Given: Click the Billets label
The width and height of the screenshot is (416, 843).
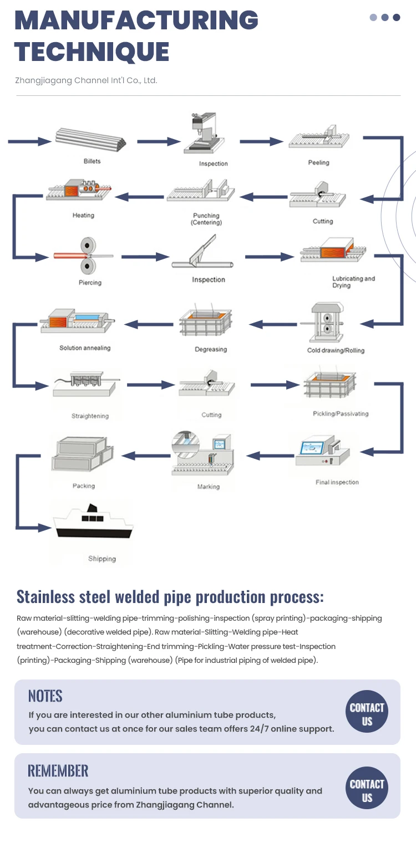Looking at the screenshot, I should pyautogui.click(x=92, y=161).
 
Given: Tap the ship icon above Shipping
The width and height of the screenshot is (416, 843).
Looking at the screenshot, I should pyautogui.click(x=93, y=523).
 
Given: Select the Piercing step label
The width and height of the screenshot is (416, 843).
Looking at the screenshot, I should pyautogui.click(x=90, y=283).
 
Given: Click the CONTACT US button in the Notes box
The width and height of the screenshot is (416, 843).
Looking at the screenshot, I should pyautogui.click(x=367, y=714).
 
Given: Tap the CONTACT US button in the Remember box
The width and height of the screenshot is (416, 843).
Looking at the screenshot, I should pyautogui.click(x=367, y=791).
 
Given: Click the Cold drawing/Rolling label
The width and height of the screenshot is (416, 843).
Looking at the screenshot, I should pyautogui.click(x=336, y=350).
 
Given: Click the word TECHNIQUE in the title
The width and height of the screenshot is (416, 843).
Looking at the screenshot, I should pyautogui.click(x=92, y=52).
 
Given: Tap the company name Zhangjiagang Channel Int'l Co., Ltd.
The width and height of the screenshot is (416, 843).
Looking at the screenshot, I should pyautogui.click(x=86, y=80).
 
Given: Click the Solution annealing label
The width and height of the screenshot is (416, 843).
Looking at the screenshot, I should pyautogui.click(x=85, y=348).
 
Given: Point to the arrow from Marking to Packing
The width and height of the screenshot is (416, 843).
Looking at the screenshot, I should pyautogui.click(x=146, y=456).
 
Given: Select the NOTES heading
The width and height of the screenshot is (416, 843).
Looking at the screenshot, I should pyautogui.click(x=45, y=696).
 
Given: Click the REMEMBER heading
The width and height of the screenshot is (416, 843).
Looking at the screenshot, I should pyautogui.click(x=58, y=771).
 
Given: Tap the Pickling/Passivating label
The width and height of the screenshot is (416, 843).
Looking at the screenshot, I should pyautogui.click(x=340, y=413).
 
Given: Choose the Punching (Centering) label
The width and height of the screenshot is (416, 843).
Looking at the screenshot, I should pyautogui.click(x=206, y=219).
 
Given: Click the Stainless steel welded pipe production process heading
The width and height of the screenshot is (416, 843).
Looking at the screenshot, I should pyautogui.click(x=170, y=597).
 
